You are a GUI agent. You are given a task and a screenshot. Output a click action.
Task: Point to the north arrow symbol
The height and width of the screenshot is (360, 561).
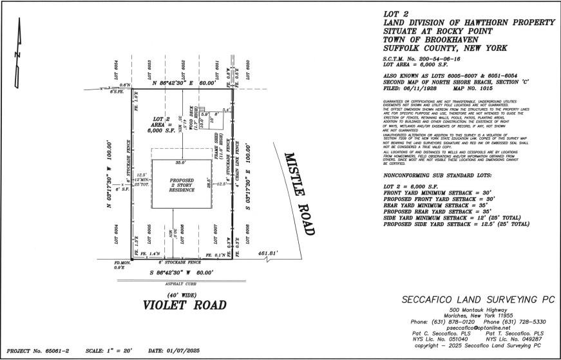coord(18,57)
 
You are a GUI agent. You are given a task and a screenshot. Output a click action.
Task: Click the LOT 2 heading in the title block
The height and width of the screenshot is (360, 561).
coord(395,14)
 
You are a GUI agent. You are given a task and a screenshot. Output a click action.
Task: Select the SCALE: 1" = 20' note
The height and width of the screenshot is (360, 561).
coord(109,350)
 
